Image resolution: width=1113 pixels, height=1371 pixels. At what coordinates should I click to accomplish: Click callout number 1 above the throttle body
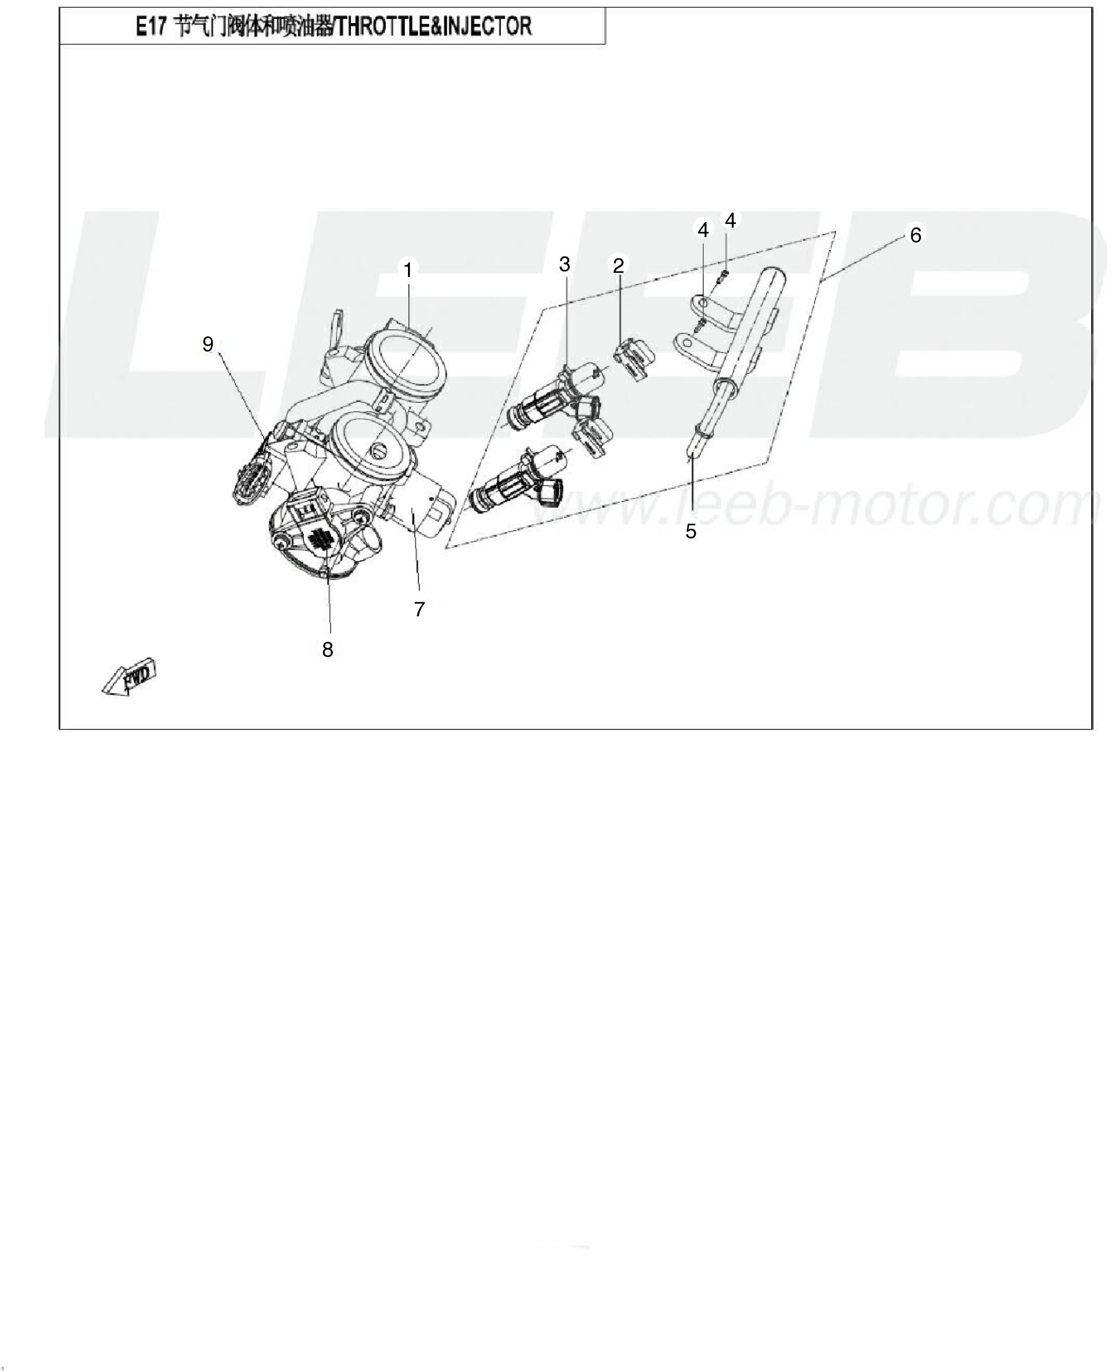(408, 270)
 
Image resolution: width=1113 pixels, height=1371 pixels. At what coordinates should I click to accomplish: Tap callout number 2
(618, 265)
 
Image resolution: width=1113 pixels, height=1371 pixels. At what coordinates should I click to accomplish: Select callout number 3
(564, 264)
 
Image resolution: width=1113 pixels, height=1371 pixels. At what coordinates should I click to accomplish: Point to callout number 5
(691, 531)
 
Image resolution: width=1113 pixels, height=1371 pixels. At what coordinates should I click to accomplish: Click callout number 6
(916, 235)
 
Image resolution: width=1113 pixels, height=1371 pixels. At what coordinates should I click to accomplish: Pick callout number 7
(419, 609)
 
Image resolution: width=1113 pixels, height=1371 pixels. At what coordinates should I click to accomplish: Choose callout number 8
(328, 650)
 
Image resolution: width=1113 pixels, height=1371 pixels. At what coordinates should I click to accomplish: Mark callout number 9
(208, 344)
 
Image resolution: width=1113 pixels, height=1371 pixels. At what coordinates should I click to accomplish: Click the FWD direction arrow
(130, 676)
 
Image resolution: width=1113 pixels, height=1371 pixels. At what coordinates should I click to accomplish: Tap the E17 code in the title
(151, 27)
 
